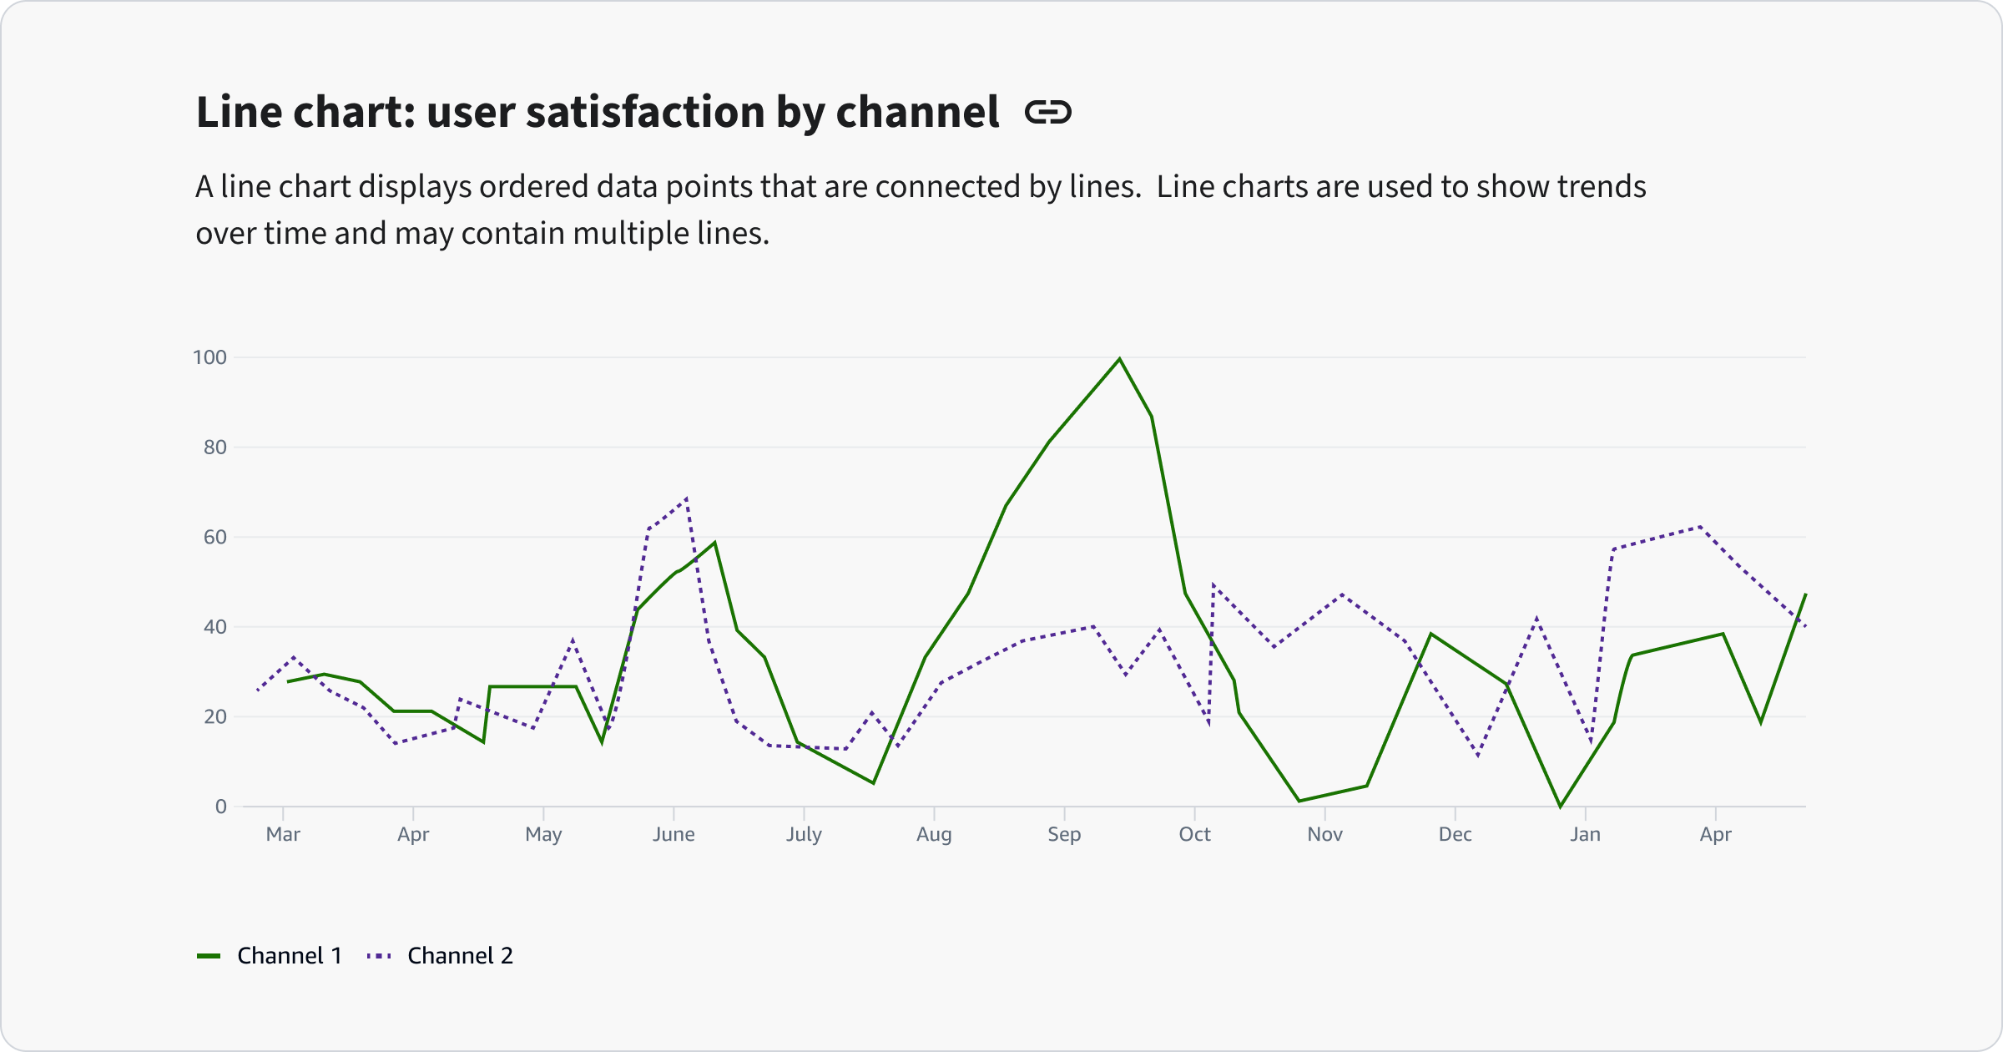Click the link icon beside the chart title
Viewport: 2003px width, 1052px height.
1048,112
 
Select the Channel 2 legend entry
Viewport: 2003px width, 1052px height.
441,955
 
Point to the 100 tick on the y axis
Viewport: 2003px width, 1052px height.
209,357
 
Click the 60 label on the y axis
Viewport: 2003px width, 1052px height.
214,537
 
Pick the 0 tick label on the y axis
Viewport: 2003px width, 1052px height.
220,807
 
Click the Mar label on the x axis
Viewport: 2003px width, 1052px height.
283,834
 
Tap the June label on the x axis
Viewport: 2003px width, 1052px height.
674,834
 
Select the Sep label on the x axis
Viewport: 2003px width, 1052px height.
1064,834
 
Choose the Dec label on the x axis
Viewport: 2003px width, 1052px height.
1455,834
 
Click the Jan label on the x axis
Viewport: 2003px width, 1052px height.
1585,834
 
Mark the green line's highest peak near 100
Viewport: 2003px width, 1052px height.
1119,359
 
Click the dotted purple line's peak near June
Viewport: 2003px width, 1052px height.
686,499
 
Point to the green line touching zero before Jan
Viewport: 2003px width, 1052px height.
1560,806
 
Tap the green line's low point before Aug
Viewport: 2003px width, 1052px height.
873,782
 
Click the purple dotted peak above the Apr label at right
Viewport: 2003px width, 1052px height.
1700,526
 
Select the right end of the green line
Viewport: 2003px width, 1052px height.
1805,594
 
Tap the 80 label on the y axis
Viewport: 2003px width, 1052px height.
214,448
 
